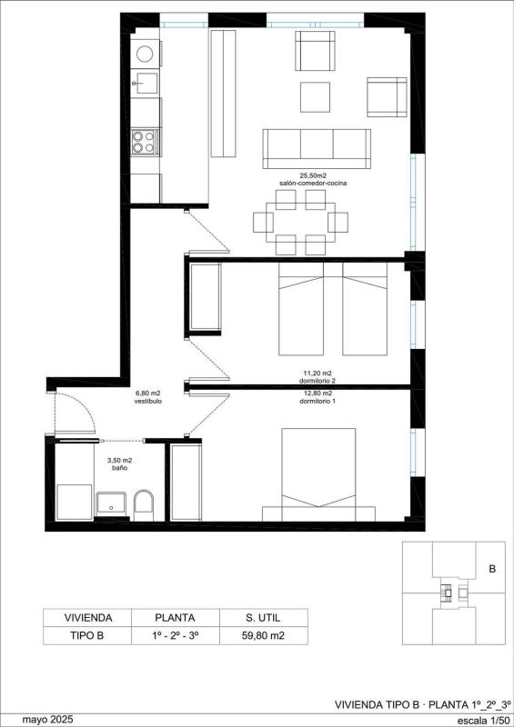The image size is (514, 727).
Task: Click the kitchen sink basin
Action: pyautogui.click(x=145, y=83)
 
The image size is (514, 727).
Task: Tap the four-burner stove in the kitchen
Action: pyautogui.click(x=144, y=142)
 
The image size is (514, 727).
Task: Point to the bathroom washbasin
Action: pyautogui.click(x=111, y=503)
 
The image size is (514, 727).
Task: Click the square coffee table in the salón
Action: pyautogui.click(x=316, y=97)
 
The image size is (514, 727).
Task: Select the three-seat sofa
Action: pyautogui.click(x=317, y=149)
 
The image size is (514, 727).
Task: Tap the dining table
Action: pyautogui.click(x=301, y=222)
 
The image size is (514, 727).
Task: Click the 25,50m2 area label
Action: pyautogui.click(x=313, y=175)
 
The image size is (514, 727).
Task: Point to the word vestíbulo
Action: pyautogui.click(x=148, y=402)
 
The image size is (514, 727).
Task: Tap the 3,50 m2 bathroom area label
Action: pyautogui.click(x=120, y=461)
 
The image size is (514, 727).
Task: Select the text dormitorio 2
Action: pyautogui.click(x=318, y=381)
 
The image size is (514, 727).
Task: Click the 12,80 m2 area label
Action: pyautogui.click(x=317, y=393)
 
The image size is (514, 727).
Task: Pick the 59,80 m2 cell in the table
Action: pyautogui.click(x=263, y=635)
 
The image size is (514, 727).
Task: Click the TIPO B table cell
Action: pyautogui.click(x=86, y=635)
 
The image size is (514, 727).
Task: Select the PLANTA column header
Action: pyautogui.click(x=175, y=618)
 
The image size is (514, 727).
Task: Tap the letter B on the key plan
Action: pyautogui.click(x=492, y=569)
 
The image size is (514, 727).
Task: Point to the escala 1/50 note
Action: pyautogui.click(x=483, y=721)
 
